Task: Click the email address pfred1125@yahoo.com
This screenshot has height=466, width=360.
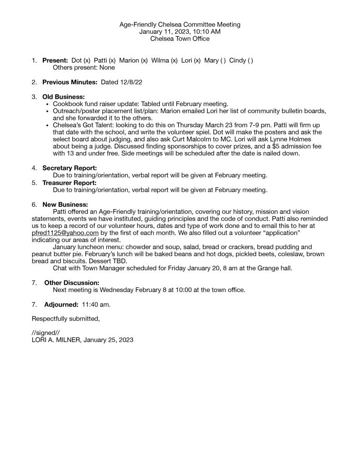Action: pos(65,233)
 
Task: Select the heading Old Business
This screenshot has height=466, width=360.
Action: pos(63,97)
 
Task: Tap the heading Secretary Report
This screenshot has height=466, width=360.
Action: pos(70,168)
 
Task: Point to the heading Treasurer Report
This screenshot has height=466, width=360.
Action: pos(69,183)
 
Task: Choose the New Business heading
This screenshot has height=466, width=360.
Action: pos(65,205)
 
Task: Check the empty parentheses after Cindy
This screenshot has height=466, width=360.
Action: pos(250,60)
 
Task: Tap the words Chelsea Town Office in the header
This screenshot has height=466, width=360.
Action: pos(180,39)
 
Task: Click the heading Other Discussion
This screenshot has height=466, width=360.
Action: pos(71,283)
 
